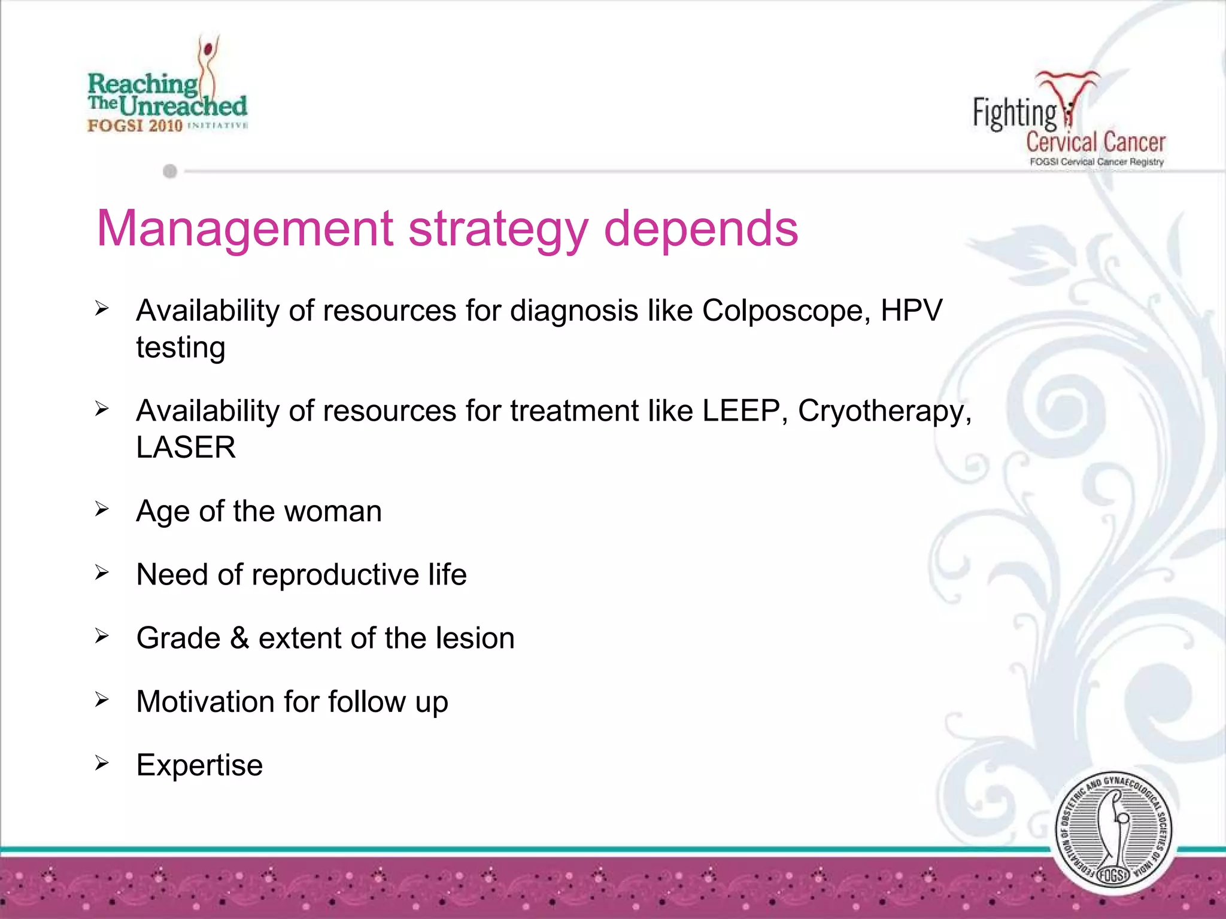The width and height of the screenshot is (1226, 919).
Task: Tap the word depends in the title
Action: click(x=701, y=229)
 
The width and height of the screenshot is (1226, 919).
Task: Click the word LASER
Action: click(x=186, y=447)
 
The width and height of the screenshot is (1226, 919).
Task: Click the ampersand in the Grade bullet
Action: click(x=239, y=638)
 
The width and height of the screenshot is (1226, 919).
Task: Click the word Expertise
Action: click(x=199, y=765)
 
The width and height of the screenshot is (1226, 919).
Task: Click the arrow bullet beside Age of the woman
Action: click(x=102, y=509)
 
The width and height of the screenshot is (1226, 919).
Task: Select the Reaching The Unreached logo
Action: click(x=168, y=87)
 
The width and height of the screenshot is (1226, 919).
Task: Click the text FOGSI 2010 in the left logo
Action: click(x=135, y=125)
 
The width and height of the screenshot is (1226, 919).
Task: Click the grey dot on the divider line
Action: click(x=170, y=172)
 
